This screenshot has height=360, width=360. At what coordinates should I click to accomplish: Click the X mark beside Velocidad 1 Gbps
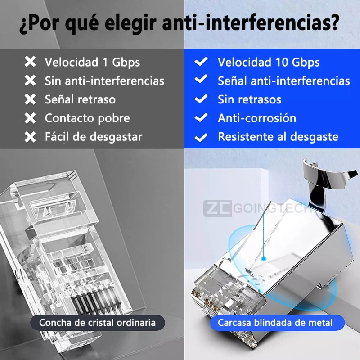[x=30, y=62]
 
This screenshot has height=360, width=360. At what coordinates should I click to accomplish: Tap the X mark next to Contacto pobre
[x=30, y=118]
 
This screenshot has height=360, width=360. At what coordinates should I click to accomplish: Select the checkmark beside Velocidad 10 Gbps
[x=201, y=61]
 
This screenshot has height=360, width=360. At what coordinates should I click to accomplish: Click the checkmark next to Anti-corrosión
[x=201, y=117]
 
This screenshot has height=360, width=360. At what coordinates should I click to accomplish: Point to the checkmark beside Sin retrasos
[x=201, y=99]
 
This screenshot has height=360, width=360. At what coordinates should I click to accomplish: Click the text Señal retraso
[x=80, y=99]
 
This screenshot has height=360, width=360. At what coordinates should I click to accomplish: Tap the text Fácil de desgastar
[x=94, y=137]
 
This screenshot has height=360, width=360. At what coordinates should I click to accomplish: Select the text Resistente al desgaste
[x=278, y=137]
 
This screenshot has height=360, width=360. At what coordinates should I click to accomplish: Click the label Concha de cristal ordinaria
[x=97, y=323]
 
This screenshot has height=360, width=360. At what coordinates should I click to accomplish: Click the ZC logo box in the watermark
[x=218, y=208]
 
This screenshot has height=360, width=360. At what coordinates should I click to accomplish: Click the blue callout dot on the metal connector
[x=264, y=259]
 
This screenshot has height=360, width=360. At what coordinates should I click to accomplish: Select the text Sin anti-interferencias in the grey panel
[x=104, y=81]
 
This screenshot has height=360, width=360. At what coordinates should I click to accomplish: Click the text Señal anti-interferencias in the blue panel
[x=284, y=81]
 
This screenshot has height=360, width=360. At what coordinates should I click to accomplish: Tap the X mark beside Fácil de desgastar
[x=30, y=137]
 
